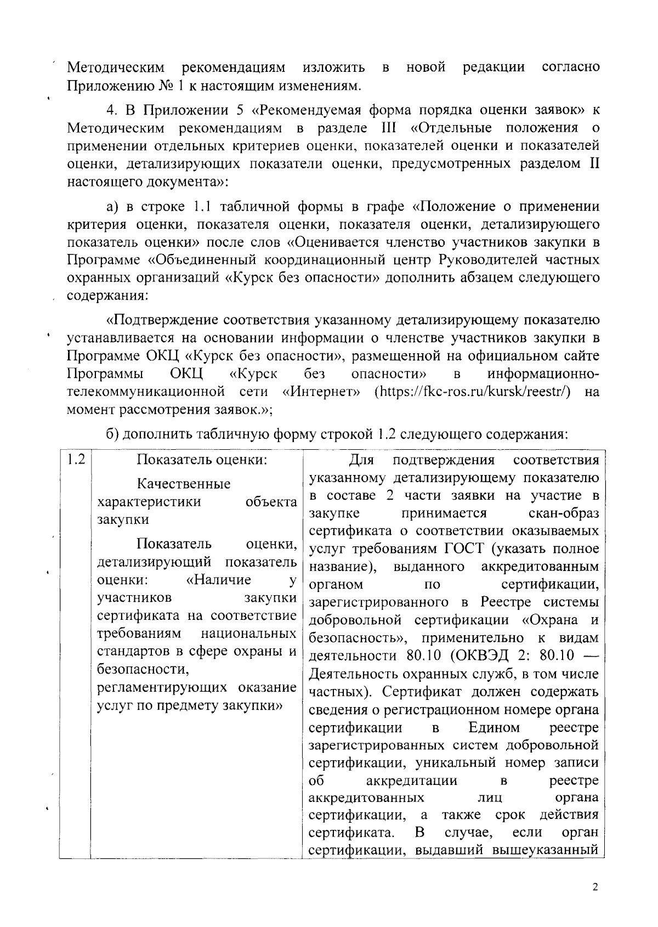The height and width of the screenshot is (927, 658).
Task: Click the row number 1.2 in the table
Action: pos(75,460)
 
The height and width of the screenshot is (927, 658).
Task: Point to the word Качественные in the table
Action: pos(184,484)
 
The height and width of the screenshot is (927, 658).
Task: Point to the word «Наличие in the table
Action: pos(219,580)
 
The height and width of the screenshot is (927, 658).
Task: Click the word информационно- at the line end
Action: pos(543,374)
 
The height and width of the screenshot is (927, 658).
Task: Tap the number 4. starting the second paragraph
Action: pos(112,110)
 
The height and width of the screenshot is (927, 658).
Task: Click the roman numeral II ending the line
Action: pos(594,163)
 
